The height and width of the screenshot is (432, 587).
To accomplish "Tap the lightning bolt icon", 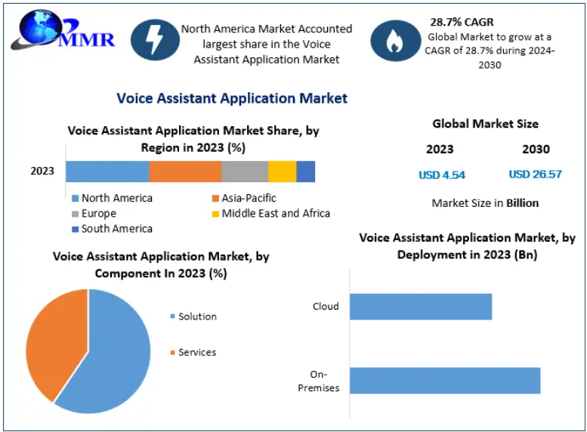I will coord(155,39).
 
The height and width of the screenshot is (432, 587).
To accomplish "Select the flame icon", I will coord(394,41).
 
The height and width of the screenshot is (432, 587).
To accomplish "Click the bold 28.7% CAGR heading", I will coord(462,22).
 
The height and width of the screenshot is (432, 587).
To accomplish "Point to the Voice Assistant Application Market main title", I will coord(232,98).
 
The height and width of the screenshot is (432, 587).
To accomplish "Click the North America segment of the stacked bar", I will coord(107,171).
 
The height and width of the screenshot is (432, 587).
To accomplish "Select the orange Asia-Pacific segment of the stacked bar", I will coord(185,171).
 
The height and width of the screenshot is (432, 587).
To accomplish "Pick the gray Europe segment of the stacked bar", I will coord(245,171).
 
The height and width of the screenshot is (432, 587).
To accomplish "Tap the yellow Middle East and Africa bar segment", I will coord(282,171).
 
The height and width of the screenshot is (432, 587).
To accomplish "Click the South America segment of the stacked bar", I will coord(305,171).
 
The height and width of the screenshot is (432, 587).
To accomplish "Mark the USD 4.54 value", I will coord(442,175).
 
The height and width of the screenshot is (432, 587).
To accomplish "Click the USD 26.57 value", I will coord(535,174).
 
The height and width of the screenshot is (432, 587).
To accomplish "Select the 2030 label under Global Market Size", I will coord(536,150).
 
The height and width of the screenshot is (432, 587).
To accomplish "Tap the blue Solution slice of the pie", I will coord(117,355).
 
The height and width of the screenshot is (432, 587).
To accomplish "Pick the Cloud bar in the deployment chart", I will coord(421,307).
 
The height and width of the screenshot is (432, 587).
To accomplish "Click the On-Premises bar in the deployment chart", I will coord(445,381).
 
